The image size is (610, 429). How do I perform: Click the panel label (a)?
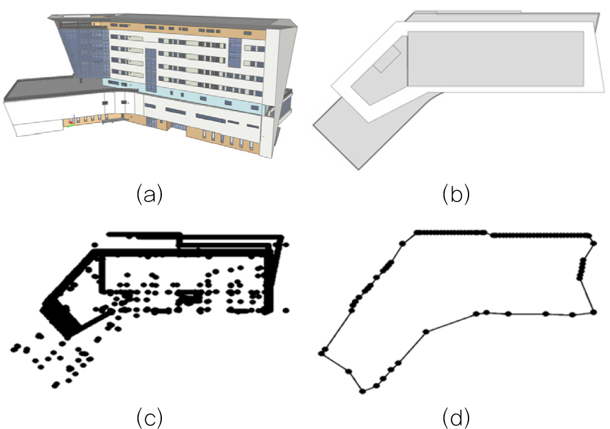point(149,195)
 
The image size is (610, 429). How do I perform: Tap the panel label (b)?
point(456,195)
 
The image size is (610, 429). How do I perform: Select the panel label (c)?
point(149,418)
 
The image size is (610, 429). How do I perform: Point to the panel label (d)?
point(456,418)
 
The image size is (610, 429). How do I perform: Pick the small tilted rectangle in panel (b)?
point(387,59)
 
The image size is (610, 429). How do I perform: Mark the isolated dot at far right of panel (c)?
point(286,310)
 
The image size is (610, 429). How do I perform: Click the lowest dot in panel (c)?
point(56,385)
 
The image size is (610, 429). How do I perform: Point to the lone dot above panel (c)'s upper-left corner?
point(95,245)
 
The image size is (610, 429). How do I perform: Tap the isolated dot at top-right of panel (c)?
point(287,245)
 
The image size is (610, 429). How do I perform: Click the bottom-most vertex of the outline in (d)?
point(363,391)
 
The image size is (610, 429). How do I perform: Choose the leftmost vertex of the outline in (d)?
point(322,353)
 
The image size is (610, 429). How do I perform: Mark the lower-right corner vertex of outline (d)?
point(594,312)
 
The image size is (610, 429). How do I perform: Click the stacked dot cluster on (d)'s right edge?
point(582,268)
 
